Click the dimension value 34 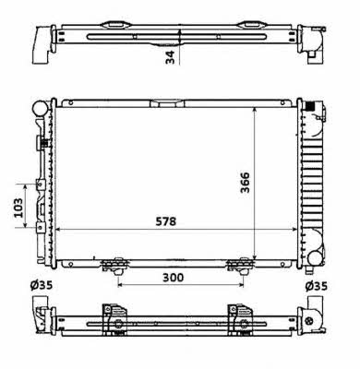[170, 57]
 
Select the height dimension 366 [246, 183]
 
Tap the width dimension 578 [166, 221]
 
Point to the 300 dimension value [173, 278]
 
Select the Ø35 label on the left [42, 286]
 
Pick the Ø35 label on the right [317, 286]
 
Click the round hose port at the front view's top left [40, 109]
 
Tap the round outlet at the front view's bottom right [315, 257]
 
